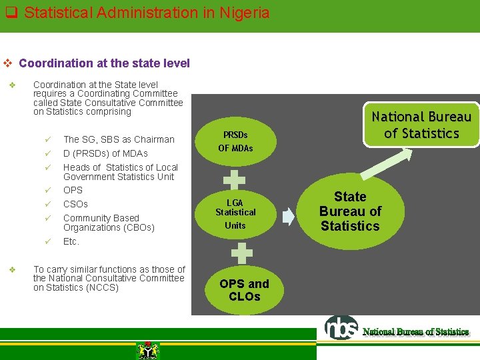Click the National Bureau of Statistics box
click(421, 125)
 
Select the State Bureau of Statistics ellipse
click(350, 211)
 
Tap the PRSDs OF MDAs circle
click(235, 141)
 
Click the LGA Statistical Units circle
click(235, 214)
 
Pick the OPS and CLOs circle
click(244, 290)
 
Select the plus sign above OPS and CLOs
click(241, 253)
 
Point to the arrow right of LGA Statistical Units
click(287, 215)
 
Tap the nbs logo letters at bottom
click(341, 327)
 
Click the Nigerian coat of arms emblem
click(147, 350)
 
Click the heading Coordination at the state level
click(104, 63)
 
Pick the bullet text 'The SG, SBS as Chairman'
click(119, 139)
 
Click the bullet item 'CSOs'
click(75, 204)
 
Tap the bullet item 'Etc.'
click(71, 241)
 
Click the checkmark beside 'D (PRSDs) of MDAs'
click(48, 153)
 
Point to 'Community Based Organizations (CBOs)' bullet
click(109, 223)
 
